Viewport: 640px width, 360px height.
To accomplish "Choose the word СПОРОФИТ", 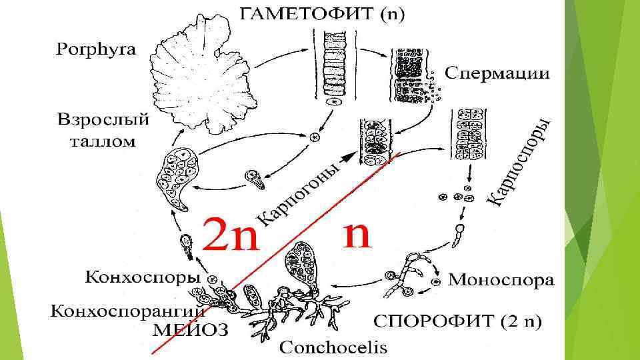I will (x=433, y=322).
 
